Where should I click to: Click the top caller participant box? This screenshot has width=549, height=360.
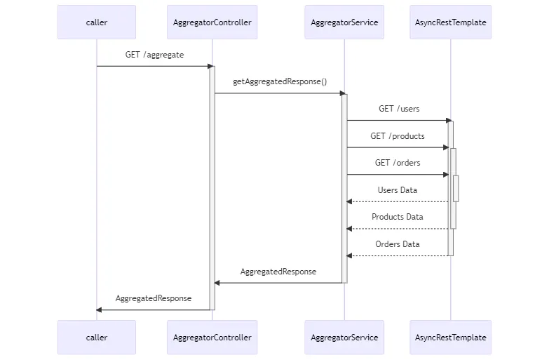[x=97, y=22]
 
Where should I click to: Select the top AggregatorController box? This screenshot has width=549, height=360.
[x=212, y=22]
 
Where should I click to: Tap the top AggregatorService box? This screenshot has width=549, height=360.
[x=344, y=22]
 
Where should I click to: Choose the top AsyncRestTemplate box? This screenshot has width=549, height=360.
[x=450, y=22]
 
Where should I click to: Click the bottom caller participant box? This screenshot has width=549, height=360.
[x=97, y=338]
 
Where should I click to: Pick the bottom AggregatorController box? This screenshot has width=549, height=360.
[x=212, y=338]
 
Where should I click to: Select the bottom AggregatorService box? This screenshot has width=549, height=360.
[x=344, y=338]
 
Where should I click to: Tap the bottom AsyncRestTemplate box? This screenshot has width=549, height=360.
[x=450, y=338]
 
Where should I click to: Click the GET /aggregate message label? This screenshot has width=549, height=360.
[x=154, y=55]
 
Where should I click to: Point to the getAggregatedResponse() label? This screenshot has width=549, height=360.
[x=280, y=81]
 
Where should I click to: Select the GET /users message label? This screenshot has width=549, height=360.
[x=399, y=109]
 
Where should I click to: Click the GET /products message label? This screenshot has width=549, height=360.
[x=398, y=136]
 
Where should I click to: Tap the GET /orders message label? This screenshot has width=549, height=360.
[x=398, y=163]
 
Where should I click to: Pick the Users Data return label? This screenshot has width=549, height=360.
[x=398, y=190]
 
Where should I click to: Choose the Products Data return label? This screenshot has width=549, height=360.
[x=398, y=217]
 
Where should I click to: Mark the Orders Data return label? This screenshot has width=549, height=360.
[x=398, y=244]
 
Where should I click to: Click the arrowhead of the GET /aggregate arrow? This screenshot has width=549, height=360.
[x=210, y=66]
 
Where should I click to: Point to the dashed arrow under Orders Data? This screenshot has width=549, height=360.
[x=398, y=255]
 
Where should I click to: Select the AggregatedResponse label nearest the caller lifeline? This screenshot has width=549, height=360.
[x=154, y=298]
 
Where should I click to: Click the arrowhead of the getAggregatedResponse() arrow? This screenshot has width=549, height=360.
[x=342, y=93]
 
